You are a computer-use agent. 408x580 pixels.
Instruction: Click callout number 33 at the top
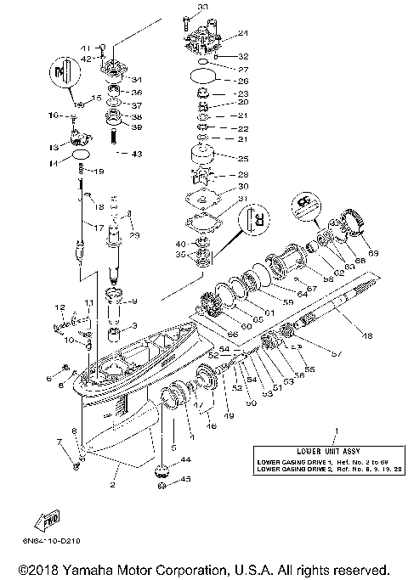(x=201, y=7)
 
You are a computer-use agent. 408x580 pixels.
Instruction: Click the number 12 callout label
(x=60, y=307)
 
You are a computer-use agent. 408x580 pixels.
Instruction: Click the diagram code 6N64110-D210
(x=53, y=541)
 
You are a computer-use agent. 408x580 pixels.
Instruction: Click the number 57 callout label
(x=312, y=352)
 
